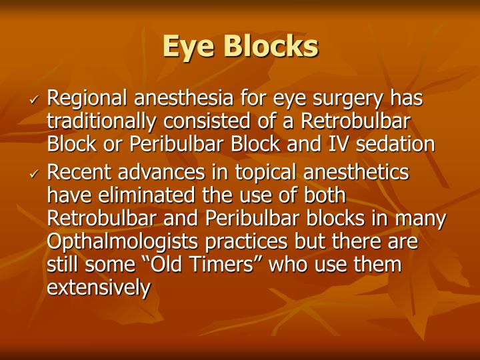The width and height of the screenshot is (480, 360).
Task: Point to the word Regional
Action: (x=88, y=99)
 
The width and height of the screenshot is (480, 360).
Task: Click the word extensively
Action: (x=99, y=287)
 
